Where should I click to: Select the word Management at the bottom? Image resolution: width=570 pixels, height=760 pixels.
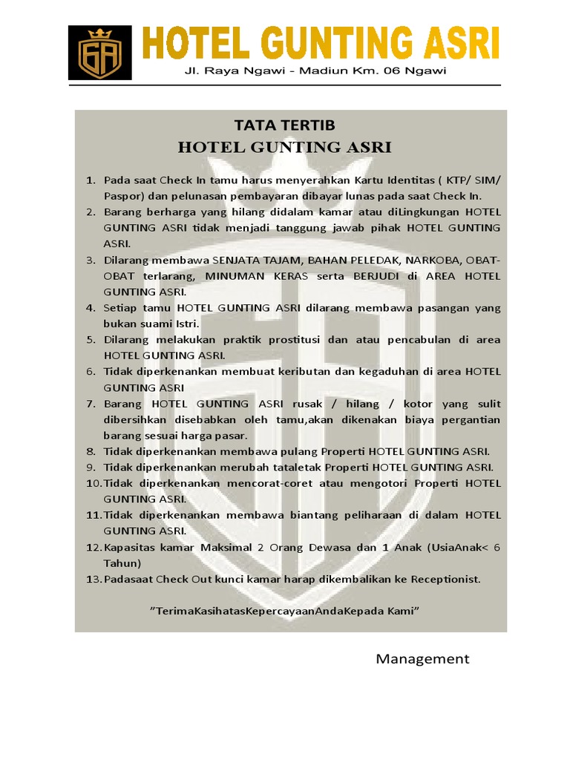point(422,659)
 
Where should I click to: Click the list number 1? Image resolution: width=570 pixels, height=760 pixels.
point(91,180)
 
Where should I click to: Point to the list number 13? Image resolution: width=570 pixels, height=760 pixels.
point(92,579)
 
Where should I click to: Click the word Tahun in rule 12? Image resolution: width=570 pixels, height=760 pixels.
point(119,563)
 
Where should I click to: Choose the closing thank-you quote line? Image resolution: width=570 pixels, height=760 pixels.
point(286,610)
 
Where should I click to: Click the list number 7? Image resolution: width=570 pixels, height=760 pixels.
point(91,404)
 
